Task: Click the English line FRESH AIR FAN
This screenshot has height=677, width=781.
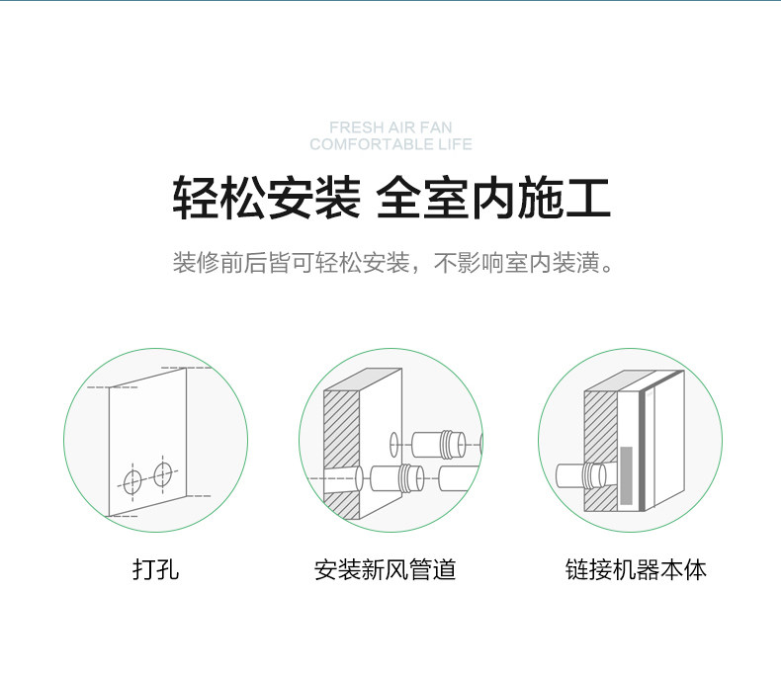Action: point(390,127)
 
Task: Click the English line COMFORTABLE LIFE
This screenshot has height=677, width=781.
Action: point(390,144)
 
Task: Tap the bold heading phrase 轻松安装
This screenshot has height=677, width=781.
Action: point(265,198)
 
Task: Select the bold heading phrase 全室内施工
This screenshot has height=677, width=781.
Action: point(494,198)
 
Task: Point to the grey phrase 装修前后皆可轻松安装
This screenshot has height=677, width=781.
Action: point(291,264)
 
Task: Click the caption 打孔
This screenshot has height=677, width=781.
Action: point(155,570)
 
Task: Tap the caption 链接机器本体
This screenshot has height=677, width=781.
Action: point(636,570)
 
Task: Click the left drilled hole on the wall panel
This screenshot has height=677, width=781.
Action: point(132,481)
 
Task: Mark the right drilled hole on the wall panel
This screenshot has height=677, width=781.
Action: point(163,472)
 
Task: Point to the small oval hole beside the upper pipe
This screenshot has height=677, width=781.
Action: point(393,441)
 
